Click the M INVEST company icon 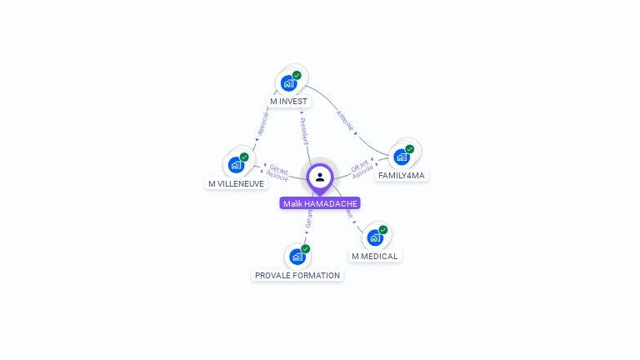[288, 82]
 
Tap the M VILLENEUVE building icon [236, 165]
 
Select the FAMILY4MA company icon [402, 157]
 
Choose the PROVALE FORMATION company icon [297, 257]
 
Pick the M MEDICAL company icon [375, 237]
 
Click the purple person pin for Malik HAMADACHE [320, 177]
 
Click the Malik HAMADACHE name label [320, 203]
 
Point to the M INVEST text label [288, 102]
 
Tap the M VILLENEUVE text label [236, 183]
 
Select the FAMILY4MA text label [402, 176]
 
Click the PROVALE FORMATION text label [297, 275]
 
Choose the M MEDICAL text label [375, 256]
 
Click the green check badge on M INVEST [297, 75]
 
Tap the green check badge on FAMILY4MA [410, 149]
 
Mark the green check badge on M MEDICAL [383, 230]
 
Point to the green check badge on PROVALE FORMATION [306, 249]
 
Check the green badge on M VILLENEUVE [244, 157]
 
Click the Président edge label [304, 130]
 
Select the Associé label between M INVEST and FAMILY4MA [345, 121]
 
